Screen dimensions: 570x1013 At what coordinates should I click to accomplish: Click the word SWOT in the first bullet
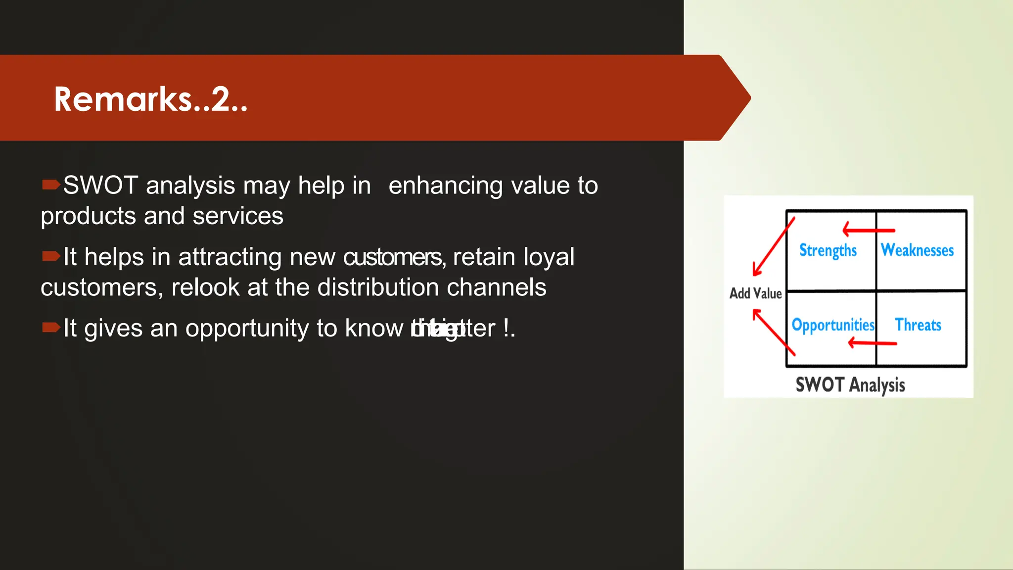pos(100,186)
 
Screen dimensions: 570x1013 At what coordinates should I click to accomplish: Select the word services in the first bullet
pos(238,216)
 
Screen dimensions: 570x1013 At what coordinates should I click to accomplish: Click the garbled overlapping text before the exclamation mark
pos(438,329)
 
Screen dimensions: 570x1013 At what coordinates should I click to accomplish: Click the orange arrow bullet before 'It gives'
pos(51,327)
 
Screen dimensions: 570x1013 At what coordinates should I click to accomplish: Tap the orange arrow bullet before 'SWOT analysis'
pos(51,185)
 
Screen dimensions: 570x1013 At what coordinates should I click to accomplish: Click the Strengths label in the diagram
pos(828,250)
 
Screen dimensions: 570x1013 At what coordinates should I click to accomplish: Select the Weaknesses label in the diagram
pos(917,250)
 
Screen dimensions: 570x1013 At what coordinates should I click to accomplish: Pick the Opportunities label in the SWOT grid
pos(833,325)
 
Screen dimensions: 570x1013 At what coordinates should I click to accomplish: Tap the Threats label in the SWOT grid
pos(918,325)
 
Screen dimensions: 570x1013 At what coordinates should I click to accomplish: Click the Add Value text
pos(755,293)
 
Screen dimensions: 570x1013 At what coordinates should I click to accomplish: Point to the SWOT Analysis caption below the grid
pos(850,384)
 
